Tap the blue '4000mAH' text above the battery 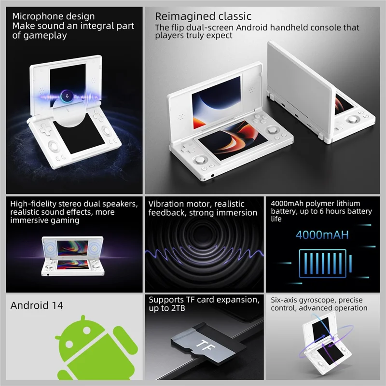tap(321, 236)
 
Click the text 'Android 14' tap(37, 305)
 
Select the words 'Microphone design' tap(54, 17)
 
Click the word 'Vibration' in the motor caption tap(165, 204)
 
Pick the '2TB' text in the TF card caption tap(170, 308)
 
